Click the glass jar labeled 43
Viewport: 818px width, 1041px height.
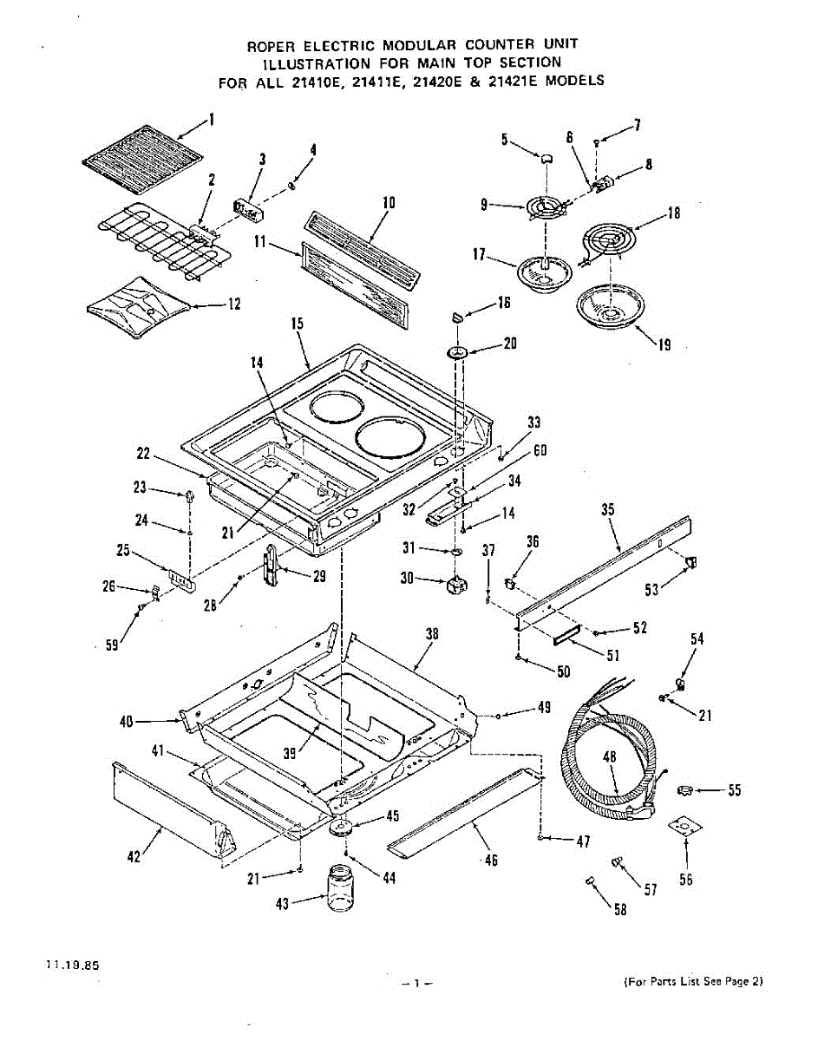[344, 889]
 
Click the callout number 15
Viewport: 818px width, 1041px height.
[297, 323]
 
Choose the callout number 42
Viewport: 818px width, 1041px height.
[133, 856]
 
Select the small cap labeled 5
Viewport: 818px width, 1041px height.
[546, 157]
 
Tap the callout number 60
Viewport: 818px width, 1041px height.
[540, 450]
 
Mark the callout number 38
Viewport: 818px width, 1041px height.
[432, 634]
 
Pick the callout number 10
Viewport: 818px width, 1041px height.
[389, 203]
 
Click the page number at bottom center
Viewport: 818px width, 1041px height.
[416, 983]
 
